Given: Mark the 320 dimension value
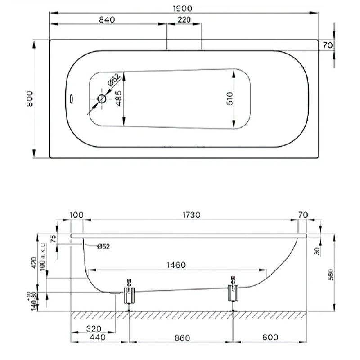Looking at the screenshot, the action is point(94,328).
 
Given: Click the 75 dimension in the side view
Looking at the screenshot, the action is point(54,238).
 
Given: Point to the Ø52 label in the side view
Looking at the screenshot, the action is point(103,246).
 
